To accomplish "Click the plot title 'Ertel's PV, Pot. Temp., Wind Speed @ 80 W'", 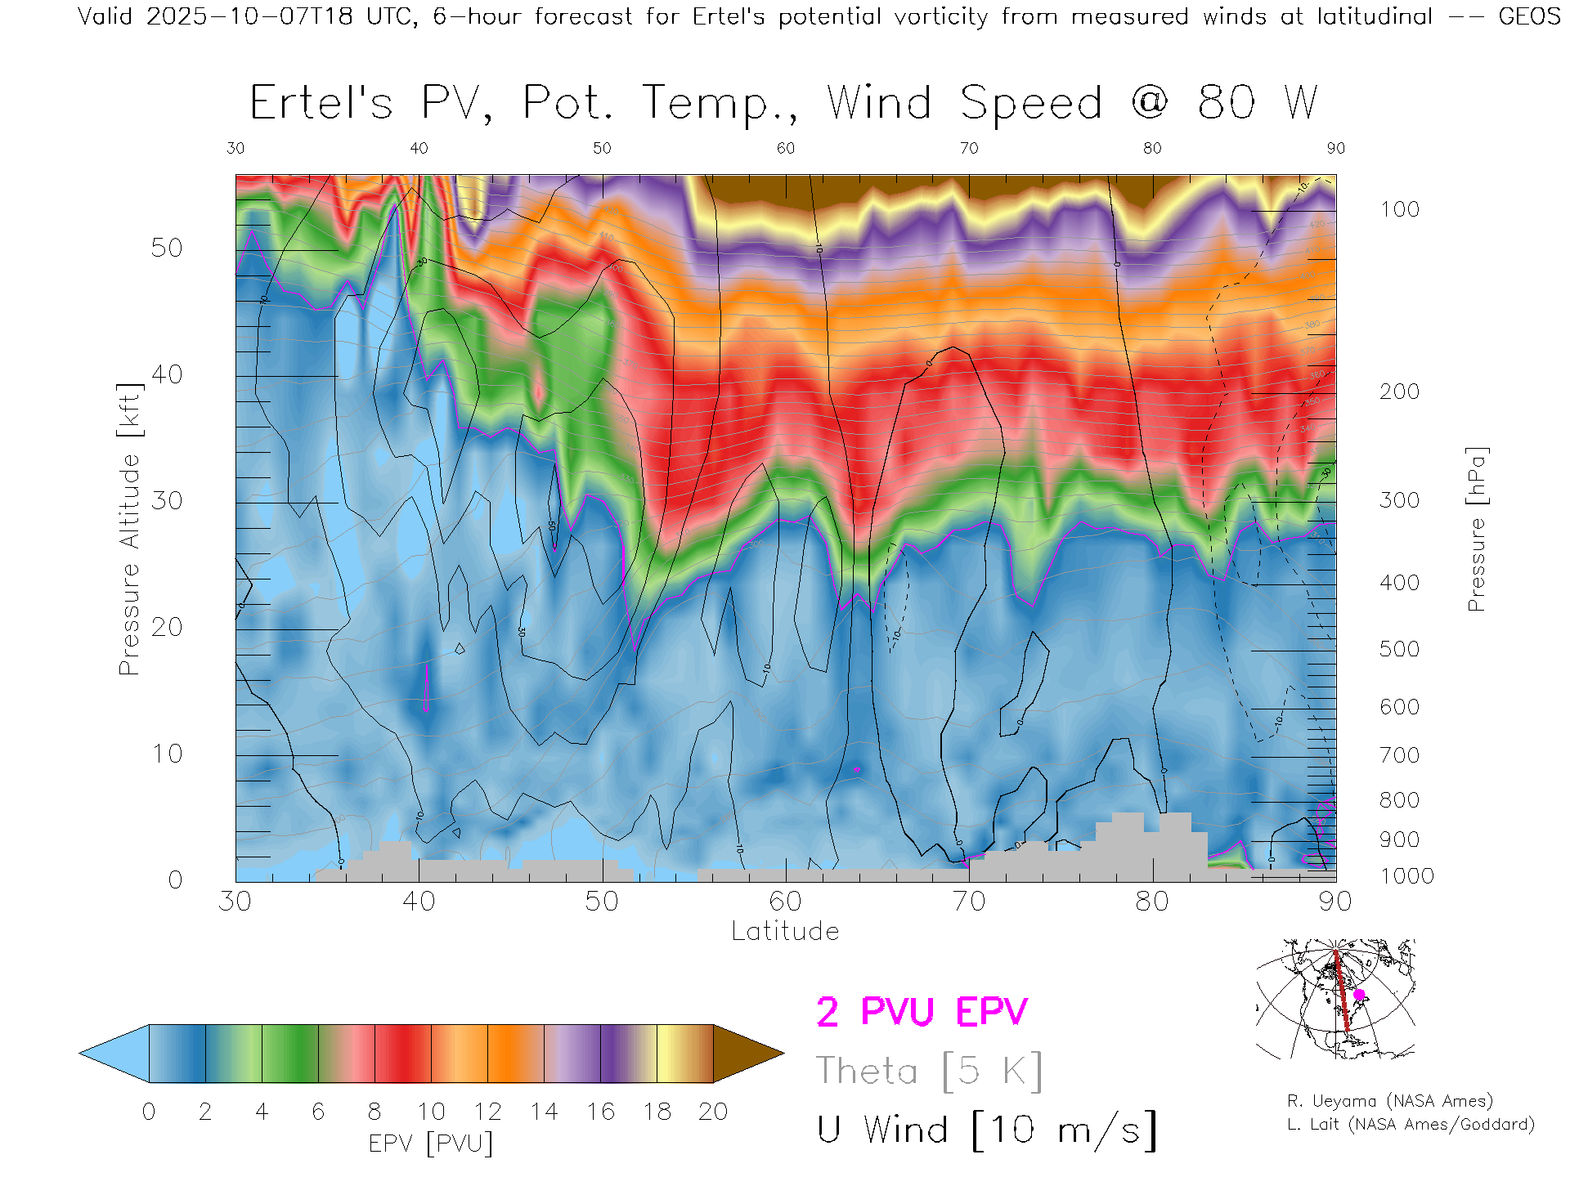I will click(x=783, y=104).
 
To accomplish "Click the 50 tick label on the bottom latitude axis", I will click(x=602, y=902).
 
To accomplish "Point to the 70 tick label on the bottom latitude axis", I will click(x=969, y=902).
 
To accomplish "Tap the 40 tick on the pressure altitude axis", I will click(x=167, y=375).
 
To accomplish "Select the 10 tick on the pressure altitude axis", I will click(x=167, y=754).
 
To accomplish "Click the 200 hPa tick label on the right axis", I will click(x=1399, y=392).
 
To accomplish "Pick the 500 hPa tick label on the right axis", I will click(x=1399, y=650).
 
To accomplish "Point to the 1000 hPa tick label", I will click(x=1406, y=876).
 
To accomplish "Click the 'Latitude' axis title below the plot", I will click(x=785, y=932).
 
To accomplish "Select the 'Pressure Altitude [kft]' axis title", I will click(x=129, y=529).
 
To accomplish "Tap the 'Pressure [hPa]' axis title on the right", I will click(x=1476, y=529).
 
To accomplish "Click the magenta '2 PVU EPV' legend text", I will click(x=922, y=1012).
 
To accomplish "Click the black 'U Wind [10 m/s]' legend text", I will click(x=986, y=1130).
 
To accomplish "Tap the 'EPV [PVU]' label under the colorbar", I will click(x=431, y=1143).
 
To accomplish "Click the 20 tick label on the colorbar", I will click(x=713, y=1112).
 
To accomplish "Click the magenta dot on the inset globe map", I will click(x=1359, y=995).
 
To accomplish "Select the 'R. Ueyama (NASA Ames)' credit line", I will click(x=1390, y=1101).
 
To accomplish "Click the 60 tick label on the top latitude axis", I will click(x=785, y=148).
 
